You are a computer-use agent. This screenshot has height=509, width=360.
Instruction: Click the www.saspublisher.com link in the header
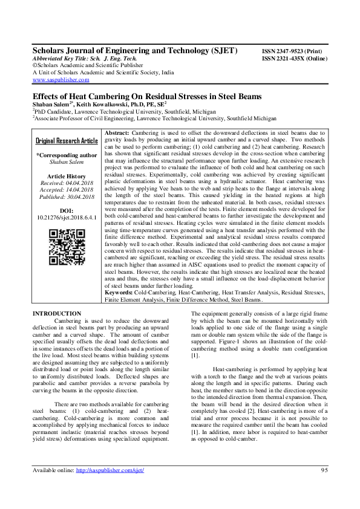[x=61, y=79]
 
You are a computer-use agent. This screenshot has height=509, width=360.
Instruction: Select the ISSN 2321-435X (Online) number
[x=293, y=59]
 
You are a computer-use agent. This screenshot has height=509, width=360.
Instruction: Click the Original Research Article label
[x=66, y=141]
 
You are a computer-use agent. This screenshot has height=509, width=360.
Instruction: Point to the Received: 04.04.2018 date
[x=66, y=183]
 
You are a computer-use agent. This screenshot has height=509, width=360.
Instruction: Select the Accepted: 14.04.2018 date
[x=66, y=189]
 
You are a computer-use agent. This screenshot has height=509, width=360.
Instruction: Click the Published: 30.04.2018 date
[x=66, y=196]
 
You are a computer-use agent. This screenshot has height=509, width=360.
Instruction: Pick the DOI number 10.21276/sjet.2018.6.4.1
[x=66, y=216]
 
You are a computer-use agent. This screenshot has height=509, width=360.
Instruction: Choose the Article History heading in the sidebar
[x=66, y=175]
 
